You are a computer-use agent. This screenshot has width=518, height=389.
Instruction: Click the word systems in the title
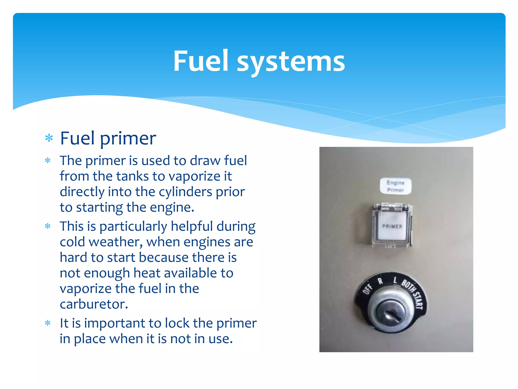tap(291, 62)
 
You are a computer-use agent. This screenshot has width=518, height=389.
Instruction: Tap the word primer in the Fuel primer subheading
tap(128, 139)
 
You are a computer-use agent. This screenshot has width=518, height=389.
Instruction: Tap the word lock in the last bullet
tap(177, 323)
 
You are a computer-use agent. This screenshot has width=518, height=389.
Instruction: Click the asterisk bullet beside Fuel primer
tap(49, 138)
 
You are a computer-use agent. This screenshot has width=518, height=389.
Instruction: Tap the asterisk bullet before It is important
tap(48, 323)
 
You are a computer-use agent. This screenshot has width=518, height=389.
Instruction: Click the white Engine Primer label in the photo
tap(396, 186)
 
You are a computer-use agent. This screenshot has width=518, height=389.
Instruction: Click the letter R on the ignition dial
tap(380, 281)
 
